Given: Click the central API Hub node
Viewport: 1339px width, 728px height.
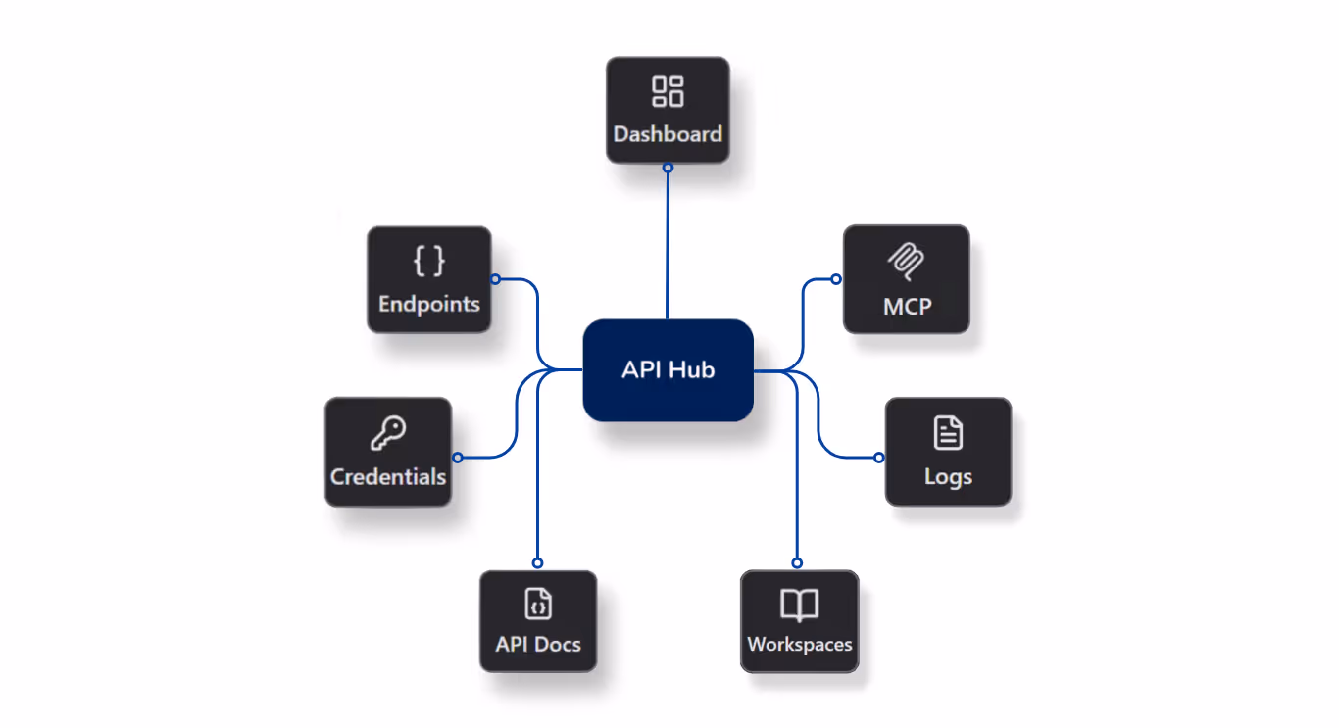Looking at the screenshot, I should [x=668, y=370].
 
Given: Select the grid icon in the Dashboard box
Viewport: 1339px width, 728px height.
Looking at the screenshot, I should [x=668, y=91].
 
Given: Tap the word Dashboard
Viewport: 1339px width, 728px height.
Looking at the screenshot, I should [x=668, y=134].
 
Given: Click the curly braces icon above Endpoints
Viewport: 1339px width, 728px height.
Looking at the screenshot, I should [x=429, y=261].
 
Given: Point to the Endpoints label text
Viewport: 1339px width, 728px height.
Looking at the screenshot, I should [x=429, y=304].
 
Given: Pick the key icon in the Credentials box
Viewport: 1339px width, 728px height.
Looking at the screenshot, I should [x=388, y=432].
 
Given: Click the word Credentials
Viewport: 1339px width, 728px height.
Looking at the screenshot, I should [x=388, y=477].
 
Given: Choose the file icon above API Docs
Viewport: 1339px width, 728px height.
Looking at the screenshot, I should [x=538, y=603].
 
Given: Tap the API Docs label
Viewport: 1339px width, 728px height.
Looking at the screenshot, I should [x=538, y=645].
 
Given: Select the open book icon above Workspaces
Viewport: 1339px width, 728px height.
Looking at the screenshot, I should [x=800, y=605].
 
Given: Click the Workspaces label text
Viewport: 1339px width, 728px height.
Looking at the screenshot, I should [x=800, y=645].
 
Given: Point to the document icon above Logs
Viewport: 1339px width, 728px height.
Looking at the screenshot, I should [x=948, y=432].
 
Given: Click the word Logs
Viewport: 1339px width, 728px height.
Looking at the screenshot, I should [x=948, y=477].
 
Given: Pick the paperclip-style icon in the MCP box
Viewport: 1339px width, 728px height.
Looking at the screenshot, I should [x=907, y=262].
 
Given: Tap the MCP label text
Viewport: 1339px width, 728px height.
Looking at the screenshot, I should [x=907, y=307].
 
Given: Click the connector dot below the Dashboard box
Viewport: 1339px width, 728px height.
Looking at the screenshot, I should [x=668, y=168].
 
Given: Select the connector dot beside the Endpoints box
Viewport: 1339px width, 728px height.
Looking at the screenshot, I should [x=495, y=279].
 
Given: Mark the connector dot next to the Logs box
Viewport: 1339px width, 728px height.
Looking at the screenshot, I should [x=879, y=458].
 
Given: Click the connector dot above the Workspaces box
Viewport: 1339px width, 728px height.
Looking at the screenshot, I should [x=797, y=563].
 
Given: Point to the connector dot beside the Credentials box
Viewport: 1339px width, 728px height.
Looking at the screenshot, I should [x=457, y=458].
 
